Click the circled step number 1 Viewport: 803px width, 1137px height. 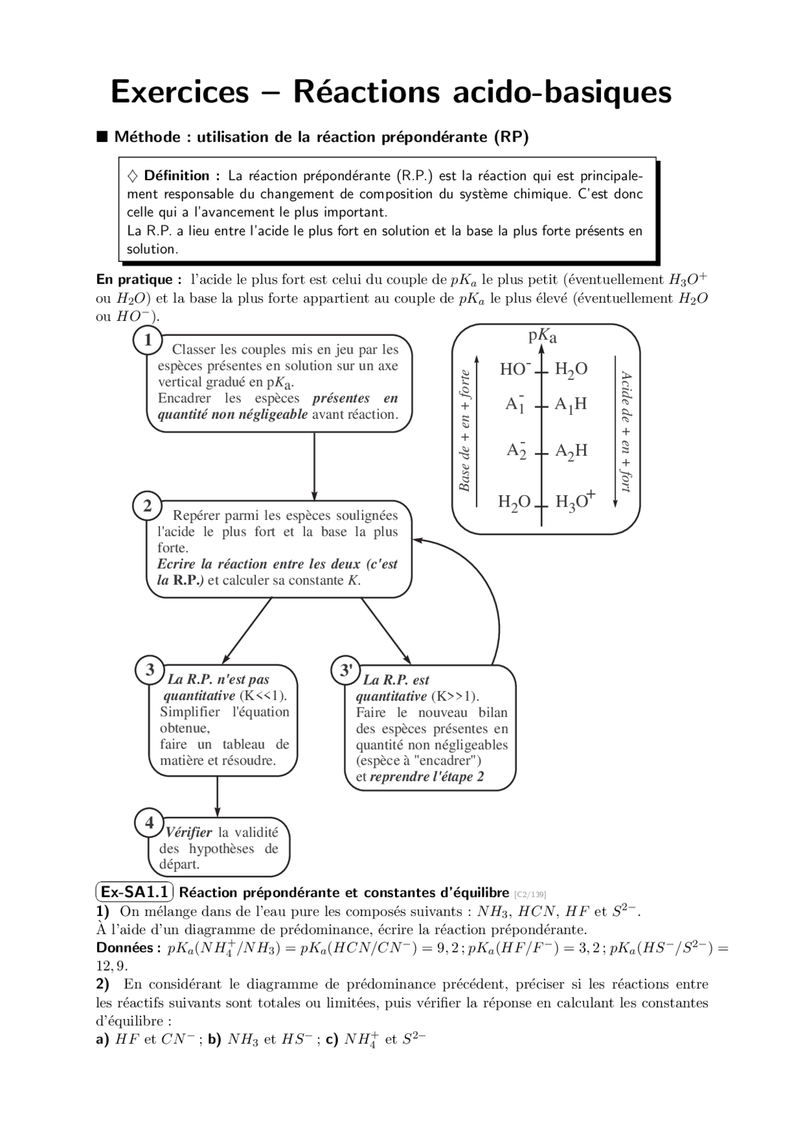point(147,341)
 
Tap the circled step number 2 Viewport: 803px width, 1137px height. point(147,506)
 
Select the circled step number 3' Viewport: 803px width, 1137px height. point(346,670)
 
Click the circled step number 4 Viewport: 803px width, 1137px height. point(149,822)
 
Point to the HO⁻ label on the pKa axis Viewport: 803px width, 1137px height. point(515,369)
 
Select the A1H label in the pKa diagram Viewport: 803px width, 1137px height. point(570,404)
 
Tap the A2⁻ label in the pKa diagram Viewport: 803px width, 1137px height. point(516,450)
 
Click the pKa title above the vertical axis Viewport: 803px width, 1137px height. point(542,337)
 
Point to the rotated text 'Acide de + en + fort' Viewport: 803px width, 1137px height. point(625,431)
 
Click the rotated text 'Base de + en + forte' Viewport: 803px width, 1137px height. point(465,431)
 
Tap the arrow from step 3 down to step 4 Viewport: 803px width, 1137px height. point(217,796)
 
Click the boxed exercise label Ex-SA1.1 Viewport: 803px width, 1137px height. point(134,892)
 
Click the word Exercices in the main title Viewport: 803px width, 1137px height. point(180,92)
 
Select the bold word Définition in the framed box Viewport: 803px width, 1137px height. point(176,176)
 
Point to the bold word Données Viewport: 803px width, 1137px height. point(124,948)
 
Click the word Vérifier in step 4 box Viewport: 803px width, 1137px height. point(189,833)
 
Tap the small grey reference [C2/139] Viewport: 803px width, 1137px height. point(529,894)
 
